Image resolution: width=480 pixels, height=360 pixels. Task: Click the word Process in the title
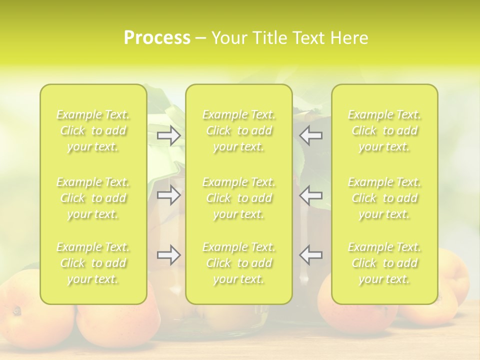point(157,38)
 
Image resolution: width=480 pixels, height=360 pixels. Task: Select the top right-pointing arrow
point(169,135)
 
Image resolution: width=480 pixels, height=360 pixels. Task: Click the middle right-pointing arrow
point(169,194)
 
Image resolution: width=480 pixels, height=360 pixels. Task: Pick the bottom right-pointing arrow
point(169,255)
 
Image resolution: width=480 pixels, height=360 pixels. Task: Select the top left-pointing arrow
point(310,135)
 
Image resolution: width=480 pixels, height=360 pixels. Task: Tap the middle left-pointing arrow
point(310,194)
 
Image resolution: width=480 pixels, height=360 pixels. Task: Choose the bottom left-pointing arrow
point(310,255)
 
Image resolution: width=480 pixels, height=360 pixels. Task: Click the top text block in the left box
point(93,130)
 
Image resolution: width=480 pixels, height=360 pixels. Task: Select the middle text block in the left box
point(93,198)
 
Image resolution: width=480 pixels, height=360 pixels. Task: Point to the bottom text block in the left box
point(93,263)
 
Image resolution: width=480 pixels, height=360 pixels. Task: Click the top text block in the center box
point(239,130)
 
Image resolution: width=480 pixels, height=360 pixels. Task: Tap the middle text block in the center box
point(239,198)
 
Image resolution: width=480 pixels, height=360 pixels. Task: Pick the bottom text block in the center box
point(239,263)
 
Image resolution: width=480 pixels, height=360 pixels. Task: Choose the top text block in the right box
point(384,130)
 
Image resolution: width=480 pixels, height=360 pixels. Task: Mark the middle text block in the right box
point(384,198)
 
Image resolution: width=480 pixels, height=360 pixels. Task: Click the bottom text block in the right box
point(384,263)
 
